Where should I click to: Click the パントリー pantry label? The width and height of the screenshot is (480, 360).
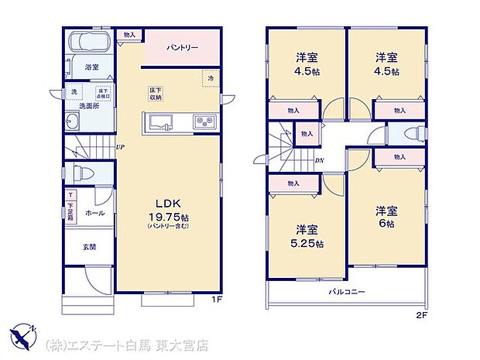point(183,48)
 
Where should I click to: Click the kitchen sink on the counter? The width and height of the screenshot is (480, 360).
point(163,121)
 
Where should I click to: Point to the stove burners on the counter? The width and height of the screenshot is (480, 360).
point(204,122)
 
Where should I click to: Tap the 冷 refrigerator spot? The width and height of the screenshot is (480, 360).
point(210,77)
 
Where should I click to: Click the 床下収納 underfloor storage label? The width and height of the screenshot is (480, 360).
point(156,94)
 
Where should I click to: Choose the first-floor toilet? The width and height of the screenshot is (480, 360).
point(82,173)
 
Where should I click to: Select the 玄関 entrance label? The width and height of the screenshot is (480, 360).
point(89,247)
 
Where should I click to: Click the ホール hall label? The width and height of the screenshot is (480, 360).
point(94,212)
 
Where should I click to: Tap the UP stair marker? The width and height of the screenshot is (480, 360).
point(120,146)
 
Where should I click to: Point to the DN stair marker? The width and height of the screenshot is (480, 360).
point(319,160)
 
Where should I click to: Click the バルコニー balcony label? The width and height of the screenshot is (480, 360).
point(345,292)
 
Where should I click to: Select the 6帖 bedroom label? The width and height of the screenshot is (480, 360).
point(386,217)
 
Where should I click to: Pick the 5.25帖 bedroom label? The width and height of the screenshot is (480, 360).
point(308,237)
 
